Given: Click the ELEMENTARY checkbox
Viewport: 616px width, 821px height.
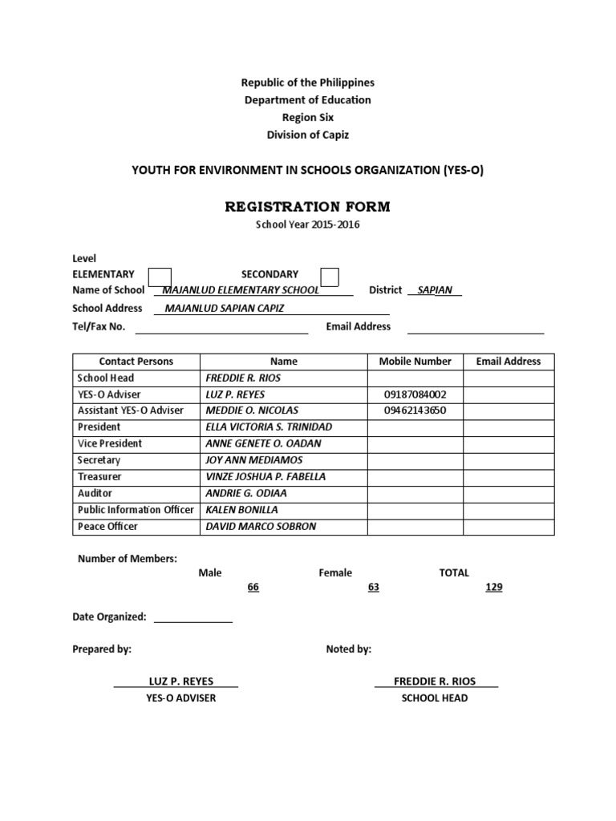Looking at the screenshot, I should [x=160, y=277].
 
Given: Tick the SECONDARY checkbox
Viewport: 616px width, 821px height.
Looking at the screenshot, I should [x=329, y=277].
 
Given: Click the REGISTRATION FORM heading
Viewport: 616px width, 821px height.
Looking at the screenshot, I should [x=307, y=207].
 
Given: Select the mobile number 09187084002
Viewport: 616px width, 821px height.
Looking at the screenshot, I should [x=415, y=394].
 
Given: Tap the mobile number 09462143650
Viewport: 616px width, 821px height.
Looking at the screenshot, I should [x=415, y=410].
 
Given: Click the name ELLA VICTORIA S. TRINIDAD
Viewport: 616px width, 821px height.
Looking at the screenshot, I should [x=269, y=427].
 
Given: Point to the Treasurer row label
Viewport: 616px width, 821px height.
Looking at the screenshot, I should [x=99, y=476].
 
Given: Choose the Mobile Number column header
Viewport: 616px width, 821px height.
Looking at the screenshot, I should [x=415, y=362].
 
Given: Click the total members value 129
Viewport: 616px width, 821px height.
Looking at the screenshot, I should [x=494, y=588].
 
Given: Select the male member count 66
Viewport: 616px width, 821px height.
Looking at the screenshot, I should [x=253, y=588].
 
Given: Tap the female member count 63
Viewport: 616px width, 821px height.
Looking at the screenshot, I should [x=373, y=588].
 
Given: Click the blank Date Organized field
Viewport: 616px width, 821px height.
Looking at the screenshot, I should [x=192, y=617].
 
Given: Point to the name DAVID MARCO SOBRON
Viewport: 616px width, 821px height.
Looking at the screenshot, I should [x=261, y=526].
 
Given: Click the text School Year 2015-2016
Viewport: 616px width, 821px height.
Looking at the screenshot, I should [x=307, y=225].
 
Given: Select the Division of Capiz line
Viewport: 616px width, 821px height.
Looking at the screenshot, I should [x=308, y=135].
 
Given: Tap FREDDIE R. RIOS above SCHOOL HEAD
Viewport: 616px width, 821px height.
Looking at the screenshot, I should [x=435, y=681].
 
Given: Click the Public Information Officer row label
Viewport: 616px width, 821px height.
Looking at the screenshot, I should [x=136, y=510].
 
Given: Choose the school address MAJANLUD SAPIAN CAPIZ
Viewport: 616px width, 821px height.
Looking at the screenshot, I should [x=224, y=308].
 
